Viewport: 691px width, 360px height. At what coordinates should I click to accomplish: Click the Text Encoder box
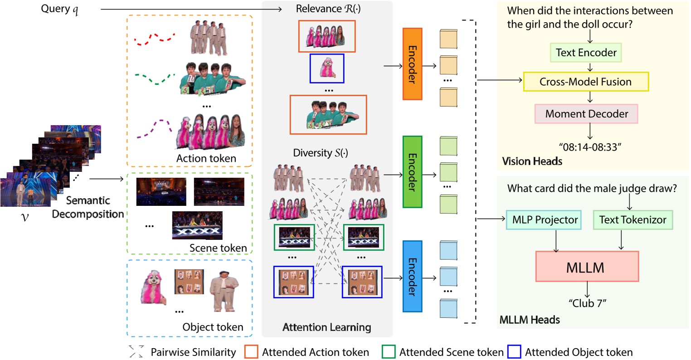coord(586,53)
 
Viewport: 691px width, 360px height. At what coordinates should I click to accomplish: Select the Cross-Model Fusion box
coord(586,82)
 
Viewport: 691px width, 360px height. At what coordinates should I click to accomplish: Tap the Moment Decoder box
coord(586,114)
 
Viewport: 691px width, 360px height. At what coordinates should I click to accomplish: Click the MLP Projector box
coord(545,220)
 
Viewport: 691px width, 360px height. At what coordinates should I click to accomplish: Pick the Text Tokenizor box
coord(633,220)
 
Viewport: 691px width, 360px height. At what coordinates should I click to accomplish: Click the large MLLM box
coord(587,267)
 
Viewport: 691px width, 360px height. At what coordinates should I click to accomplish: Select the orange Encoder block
coord(412,64)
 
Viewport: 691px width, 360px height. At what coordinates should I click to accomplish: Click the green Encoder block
coord(412,172)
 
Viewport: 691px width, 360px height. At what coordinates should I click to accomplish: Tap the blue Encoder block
coord(412,276)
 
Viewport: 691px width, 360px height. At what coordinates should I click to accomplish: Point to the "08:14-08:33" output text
coord(589,147)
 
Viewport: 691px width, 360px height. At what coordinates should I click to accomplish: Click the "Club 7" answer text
coord(587,303)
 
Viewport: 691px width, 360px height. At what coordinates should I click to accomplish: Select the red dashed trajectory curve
coord(155,39)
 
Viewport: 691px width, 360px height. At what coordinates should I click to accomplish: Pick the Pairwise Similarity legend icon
coord(136,352)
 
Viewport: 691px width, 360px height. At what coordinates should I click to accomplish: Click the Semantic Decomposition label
coord(88,207)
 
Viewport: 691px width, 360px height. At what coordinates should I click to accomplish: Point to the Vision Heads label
coord(532,161)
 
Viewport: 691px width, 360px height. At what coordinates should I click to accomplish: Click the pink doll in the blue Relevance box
coord(326,68)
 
